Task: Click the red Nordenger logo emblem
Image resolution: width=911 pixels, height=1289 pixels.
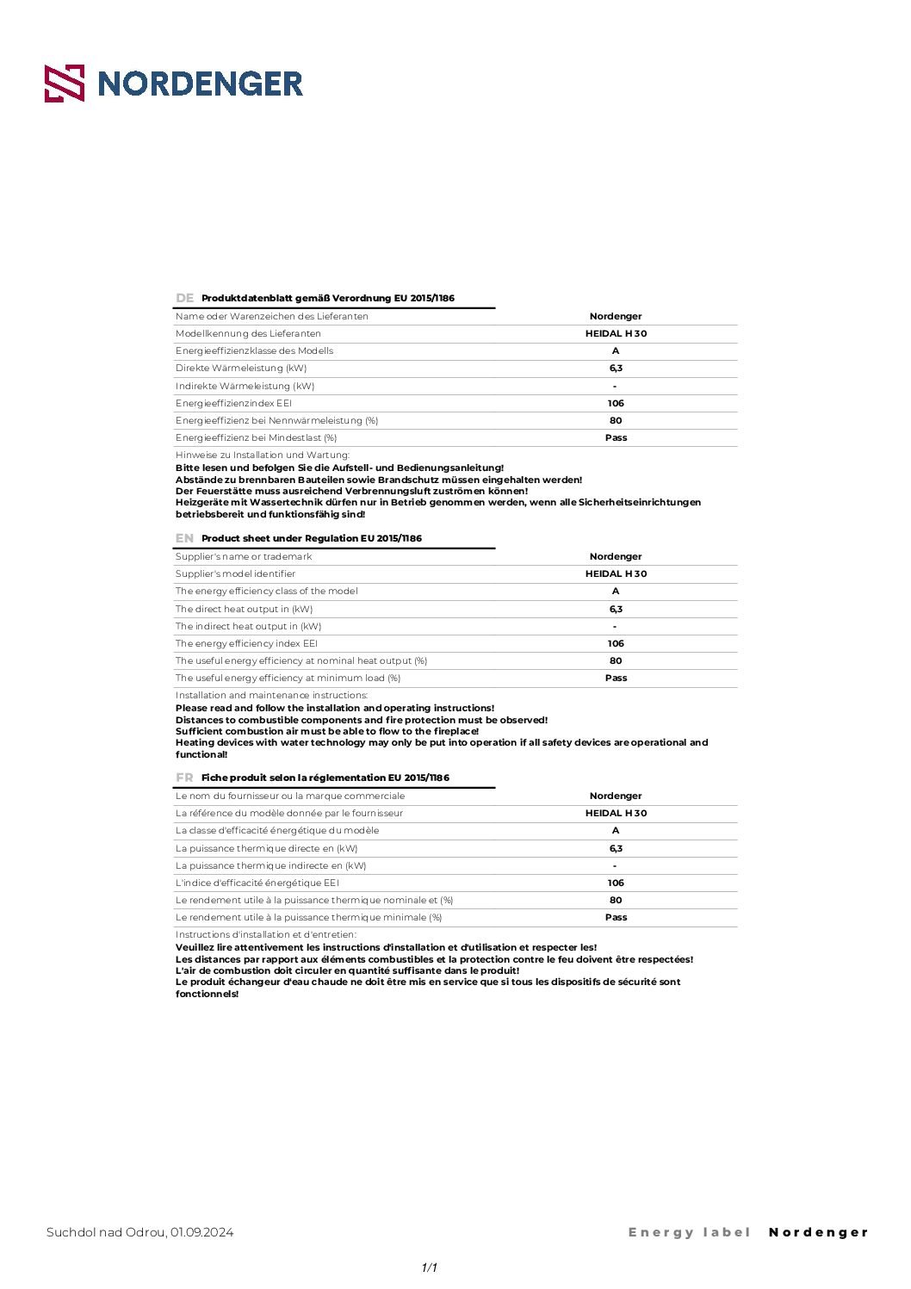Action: point(65,84)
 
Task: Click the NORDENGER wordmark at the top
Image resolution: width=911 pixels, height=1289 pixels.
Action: point(200,84)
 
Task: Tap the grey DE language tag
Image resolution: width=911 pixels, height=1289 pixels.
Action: point(184,298)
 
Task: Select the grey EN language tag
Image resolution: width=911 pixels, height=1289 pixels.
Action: point(184,538)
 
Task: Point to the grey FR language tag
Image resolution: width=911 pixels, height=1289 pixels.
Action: point(184,778)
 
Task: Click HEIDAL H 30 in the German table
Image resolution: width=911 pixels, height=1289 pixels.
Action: point(616,333)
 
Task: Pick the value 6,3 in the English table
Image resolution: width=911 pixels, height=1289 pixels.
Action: point(616,609)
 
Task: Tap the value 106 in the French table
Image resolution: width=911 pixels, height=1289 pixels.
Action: point(616,883)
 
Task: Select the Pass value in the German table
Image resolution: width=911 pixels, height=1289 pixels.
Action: point(616,437)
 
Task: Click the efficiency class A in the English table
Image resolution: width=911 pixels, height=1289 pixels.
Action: point(616,592)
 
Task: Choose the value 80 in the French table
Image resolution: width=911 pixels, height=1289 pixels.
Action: point(616,900)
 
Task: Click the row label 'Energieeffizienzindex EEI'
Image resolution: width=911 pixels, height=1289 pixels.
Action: point(233,403)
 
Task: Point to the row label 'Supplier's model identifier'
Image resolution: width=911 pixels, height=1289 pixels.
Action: point(235,573)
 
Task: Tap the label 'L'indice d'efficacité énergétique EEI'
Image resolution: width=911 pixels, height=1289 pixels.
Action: point(257,883)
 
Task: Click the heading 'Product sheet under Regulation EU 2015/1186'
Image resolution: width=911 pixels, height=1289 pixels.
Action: point(312,538)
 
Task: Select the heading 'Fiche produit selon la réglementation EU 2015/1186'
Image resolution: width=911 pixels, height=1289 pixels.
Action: point(325,778)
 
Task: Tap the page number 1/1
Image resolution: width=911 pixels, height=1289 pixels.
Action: point(430,1267)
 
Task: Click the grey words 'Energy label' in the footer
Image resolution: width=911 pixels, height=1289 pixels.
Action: point(690,1232)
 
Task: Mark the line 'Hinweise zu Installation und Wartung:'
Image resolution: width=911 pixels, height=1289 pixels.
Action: point(263,455)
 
